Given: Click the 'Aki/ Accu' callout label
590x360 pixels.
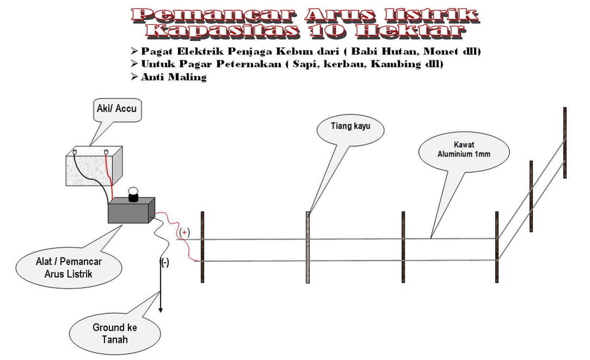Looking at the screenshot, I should pos(117,109).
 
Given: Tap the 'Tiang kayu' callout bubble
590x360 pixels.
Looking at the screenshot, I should pos(350,127).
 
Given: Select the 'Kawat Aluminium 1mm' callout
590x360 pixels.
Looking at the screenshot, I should pos(464,150).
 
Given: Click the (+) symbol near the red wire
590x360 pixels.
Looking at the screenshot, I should pos(184,233).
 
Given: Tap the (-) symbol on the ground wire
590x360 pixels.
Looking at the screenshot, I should pos(164,262).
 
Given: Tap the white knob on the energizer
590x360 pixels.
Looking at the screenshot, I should pos(133,191).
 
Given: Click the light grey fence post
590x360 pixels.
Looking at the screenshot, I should pos(308,247).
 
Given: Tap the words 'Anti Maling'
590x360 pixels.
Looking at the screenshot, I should pos(174,77).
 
